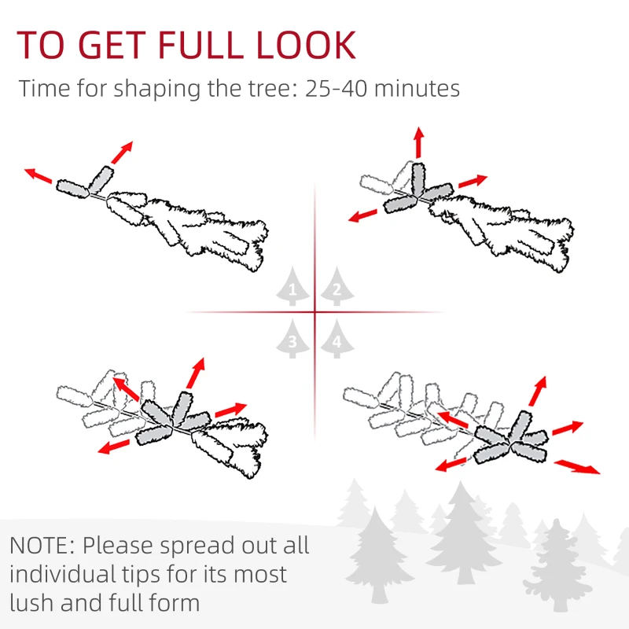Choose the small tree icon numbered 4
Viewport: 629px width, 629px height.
337,340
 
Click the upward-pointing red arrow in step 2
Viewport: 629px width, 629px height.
418,142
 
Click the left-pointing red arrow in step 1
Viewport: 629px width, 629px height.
39,176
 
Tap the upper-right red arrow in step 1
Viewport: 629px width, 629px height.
121,153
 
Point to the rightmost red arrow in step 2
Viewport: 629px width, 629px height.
473,181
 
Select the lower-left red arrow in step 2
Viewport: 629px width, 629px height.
364,215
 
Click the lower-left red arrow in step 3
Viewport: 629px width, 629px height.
115,446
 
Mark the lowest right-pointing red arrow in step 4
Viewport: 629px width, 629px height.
577,467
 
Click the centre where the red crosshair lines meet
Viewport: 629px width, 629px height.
314,313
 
